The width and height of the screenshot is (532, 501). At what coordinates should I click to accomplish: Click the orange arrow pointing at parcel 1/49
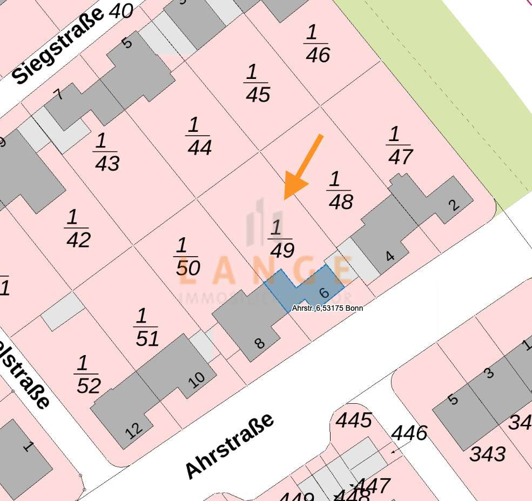point(302,168)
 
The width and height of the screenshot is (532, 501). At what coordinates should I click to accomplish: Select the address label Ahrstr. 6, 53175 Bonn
point(327,308)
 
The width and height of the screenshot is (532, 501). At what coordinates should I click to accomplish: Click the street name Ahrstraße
point(229,446)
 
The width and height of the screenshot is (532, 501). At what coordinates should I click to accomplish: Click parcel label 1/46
point(316,44)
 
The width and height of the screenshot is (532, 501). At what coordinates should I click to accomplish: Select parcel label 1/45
point(257,84)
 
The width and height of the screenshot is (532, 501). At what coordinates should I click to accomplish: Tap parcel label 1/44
point(199,137)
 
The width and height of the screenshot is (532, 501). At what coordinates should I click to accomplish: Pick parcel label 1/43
point(106,153)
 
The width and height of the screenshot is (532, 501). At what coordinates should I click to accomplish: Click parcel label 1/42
point(77,229)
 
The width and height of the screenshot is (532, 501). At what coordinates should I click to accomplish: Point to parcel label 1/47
point(399,146)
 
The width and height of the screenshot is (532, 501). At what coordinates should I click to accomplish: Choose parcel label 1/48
point(340,191)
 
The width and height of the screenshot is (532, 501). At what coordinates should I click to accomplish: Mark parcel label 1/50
point(187,257)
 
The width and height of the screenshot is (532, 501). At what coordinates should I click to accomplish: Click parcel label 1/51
point(146,328)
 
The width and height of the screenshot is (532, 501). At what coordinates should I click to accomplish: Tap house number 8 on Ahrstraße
point(260,343)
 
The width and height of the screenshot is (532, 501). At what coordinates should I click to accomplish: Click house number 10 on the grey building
point(197,380)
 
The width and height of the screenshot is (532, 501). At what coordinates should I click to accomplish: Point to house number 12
point(134,429)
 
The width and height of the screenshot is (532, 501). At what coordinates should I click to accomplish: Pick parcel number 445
point(354,420)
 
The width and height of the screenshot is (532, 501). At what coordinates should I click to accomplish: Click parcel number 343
point(488,454)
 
